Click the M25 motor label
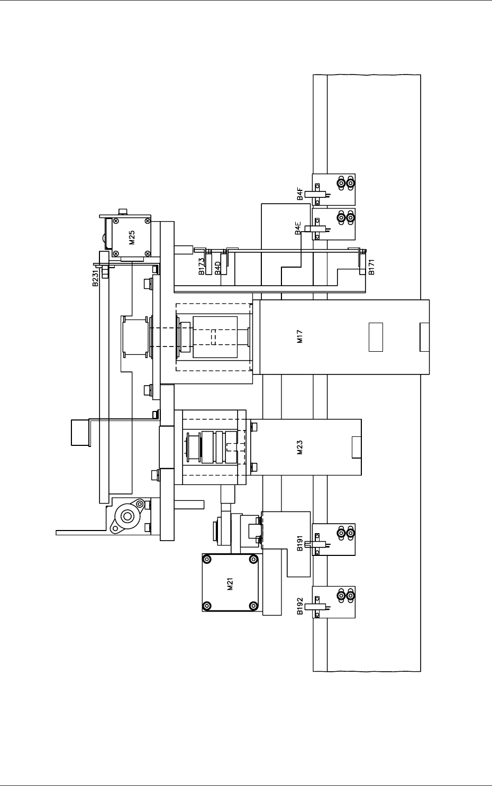coord(132,237)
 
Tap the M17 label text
coord(299,336)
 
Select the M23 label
coord(299,447)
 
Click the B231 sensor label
coord(96,278)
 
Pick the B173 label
coord(202,267)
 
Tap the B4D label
coord(218,268)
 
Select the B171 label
coord(372,267)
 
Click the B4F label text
coord(300,194)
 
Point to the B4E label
coord(298,228)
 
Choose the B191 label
coord(300,543)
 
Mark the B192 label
coord(300,606)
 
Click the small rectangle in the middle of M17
coord(376,337)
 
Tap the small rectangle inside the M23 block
coord(357,447)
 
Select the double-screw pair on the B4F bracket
coord(345,183)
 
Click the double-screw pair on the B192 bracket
coord(345,596)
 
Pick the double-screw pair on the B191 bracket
coord(345,533)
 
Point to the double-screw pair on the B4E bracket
coord(345,218)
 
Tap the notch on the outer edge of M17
coord(425,337)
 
